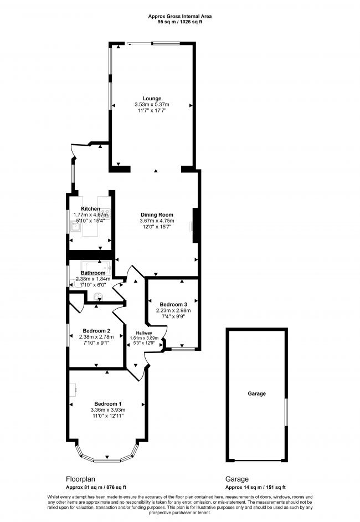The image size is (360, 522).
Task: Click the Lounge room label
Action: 151,99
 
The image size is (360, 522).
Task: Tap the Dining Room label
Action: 157,214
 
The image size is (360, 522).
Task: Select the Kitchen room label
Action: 90,209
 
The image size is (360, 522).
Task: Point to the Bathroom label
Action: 92,273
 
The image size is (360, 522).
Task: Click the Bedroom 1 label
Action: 108,403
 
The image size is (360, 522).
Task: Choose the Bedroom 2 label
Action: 92,330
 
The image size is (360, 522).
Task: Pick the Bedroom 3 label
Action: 173,305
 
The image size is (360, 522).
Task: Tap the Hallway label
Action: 143,332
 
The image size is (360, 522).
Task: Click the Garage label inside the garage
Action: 256,393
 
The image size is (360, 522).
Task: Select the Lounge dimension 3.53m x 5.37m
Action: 151,105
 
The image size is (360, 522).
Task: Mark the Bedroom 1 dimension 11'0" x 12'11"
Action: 108,416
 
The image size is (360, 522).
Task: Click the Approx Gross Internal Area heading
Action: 179,17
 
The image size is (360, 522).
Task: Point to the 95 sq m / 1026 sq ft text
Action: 179,22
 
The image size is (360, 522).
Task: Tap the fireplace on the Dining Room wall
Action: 195,226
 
